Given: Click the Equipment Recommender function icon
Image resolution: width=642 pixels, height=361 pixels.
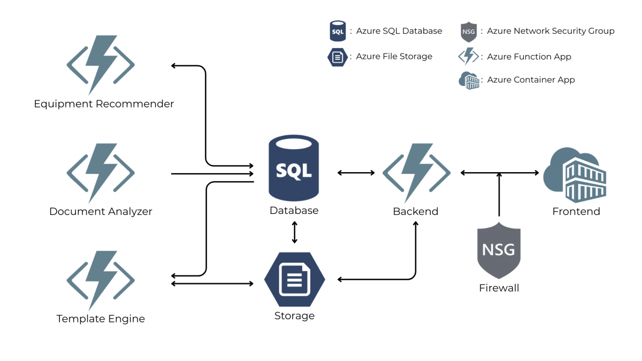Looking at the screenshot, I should (x=101, y=65).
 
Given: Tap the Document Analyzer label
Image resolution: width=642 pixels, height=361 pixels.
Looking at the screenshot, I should (x=101, y=211).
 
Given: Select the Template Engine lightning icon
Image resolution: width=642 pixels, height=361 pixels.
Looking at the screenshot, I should (x=101, y=280).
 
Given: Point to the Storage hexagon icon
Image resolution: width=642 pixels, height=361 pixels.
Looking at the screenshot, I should (x=294, y=280).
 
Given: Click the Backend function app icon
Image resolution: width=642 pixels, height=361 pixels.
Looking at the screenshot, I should (x=416, y=173).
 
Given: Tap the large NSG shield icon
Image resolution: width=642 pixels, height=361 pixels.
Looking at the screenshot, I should (x=499, y=251).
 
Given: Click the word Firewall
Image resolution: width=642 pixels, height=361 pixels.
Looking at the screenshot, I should (x=499, y=288).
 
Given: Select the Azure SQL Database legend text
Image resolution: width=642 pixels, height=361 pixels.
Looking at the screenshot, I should (x=399, y=31).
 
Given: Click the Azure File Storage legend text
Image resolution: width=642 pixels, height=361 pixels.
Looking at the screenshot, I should (x=394, y=57).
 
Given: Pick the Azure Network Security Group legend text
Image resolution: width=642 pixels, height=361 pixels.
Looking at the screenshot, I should (x=551, y=31).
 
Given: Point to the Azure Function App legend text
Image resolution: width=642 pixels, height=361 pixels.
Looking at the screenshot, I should (x=529, y=57).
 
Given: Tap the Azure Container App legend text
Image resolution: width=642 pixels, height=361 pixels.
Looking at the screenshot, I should (x=531, y=80).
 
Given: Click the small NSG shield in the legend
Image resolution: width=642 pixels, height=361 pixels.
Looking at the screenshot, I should (x=468, y=32).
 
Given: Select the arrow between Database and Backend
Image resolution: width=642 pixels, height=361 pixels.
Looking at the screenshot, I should (x=356, y=173).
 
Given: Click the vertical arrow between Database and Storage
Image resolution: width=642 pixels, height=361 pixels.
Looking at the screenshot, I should (x=294, y=232).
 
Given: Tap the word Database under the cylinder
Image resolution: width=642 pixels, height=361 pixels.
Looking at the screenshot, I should (x=294, y=211).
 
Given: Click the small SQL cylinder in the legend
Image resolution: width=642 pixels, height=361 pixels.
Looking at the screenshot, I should (x=338, y=31).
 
